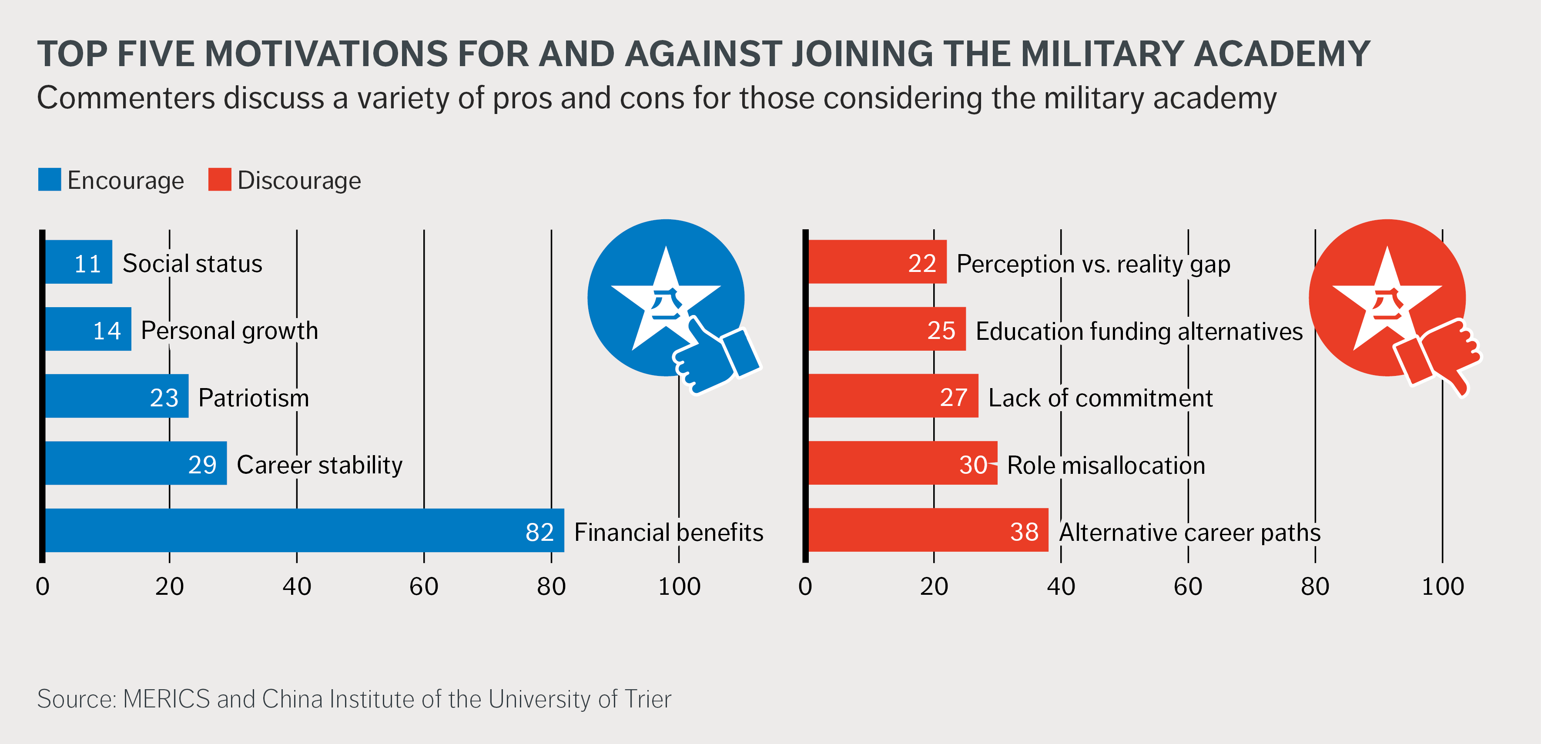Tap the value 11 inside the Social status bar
(87, 264)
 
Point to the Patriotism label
(254, 398)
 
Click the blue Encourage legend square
(49, 179)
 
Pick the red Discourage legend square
(220, 179)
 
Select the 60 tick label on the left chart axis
(424, 586)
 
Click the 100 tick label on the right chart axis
(1442, 586)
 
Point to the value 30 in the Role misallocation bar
(973, 465)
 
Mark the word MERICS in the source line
(166, 699)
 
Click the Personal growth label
(229, 331)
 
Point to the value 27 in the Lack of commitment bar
(954, 398)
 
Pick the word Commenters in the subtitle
(126, 98)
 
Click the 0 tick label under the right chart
(805, 586)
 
